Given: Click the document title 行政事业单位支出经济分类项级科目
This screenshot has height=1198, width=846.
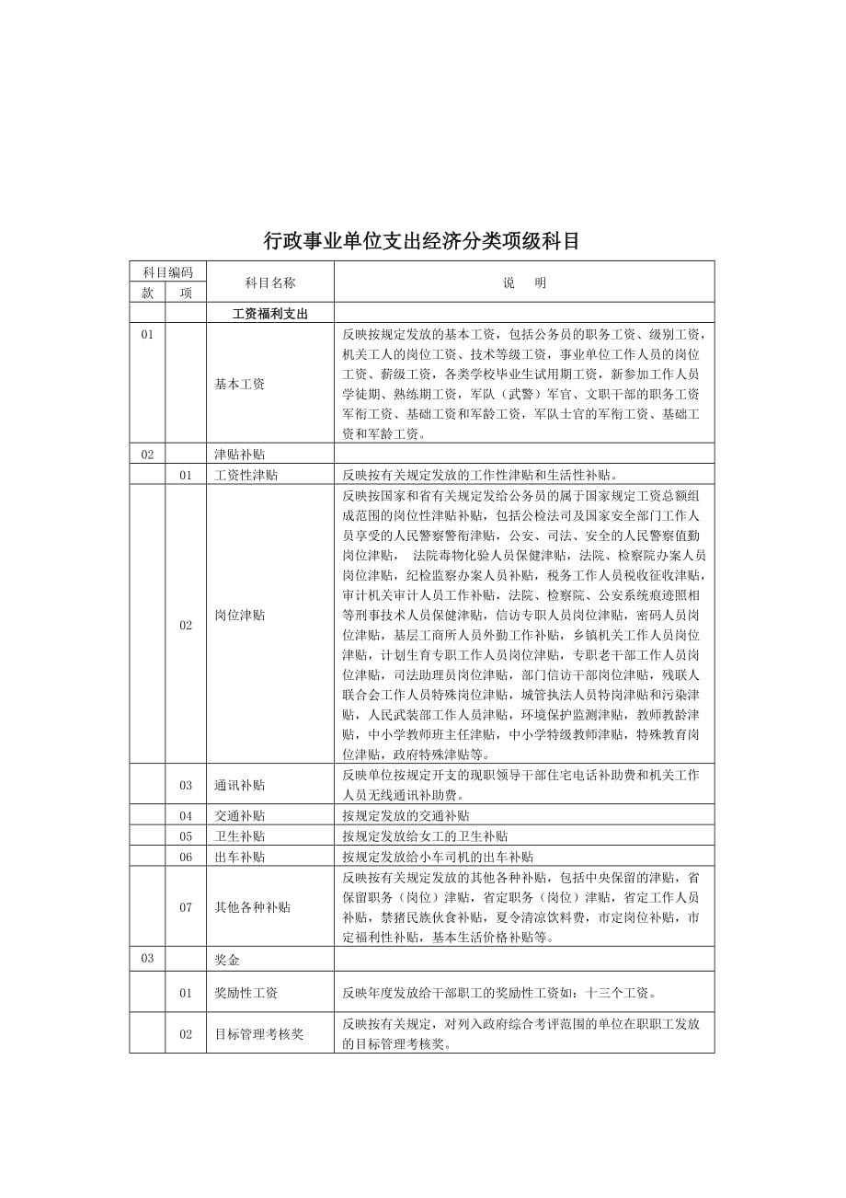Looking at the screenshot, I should [422, 241].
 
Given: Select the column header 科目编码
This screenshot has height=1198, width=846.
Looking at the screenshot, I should [167, 271].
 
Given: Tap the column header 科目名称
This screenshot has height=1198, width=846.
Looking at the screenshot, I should [269, 282].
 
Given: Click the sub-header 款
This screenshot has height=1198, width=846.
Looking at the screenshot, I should [147, 293].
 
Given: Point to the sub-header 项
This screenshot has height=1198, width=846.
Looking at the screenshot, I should [186, 293].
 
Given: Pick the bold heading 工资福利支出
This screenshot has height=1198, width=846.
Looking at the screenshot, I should [269, 313].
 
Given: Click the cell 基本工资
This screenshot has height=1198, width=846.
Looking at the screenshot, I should [239, 384].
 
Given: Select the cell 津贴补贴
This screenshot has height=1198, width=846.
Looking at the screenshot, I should [239, 454].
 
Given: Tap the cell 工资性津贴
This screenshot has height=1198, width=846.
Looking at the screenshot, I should [246, 475].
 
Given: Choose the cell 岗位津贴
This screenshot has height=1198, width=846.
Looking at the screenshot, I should [239, 615].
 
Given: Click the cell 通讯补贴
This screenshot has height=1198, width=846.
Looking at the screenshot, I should [239, 785].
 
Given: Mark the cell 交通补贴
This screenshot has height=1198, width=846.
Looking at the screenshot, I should [239, 815].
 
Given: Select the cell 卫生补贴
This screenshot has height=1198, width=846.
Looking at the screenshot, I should [239, 835].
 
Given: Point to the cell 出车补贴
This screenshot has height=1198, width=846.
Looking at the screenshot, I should [239, 856].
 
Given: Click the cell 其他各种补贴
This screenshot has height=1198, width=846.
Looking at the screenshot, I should [252, 906].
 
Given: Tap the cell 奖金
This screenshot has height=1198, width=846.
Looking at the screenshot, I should [226, 959].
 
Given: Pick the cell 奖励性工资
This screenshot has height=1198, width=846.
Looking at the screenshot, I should [246, 993].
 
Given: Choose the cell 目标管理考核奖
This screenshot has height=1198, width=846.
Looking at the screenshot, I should [258, 1033].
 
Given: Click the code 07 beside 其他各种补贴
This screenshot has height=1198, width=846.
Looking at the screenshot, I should [186, 906].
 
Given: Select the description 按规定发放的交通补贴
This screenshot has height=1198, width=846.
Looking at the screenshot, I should [406, 815].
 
